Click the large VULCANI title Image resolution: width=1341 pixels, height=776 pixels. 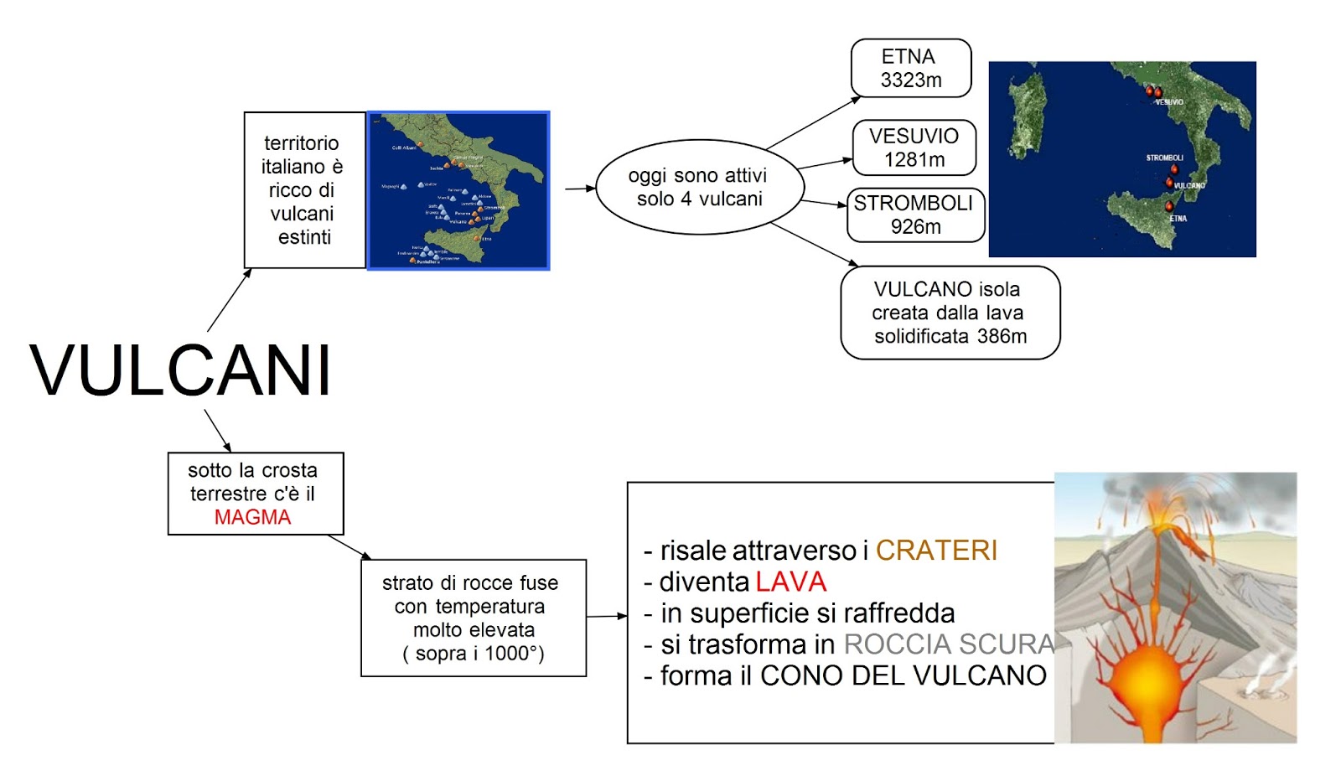[181, 370]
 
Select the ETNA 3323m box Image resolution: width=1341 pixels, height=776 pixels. [911, 68]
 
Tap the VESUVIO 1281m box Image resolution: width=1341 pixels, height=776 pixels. [914, 147]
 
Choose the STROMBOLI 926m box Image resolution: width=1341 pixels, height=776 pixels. [914, 215]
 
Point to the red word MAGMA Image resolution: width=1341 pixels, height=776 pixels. [252, 517]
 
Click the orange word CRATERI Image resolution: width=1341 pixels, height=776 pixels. [936, 551]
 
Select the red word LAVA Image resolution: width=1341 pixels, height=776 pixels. [790, 582]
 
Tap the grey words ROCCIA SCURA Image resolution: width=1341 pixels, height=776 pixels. [948, 644]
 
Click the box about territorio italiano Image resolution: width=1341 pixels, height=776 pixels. [303, 190]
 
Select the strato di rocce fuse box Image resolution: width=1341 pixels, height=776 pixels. [473, 618]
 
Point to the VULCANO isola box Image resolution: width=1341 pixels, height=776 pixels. [950, 313]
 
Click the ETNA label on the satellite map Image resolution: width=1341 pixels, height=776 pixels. [1178, 218]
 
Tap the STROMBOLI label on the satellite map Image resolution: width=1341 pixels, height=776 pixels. [1164, 158]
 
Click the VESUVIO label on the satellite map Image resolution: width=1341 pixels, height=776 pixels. [1169, 102]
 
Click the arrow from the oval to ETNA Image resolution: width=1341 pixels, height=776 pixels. [813, 122]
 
